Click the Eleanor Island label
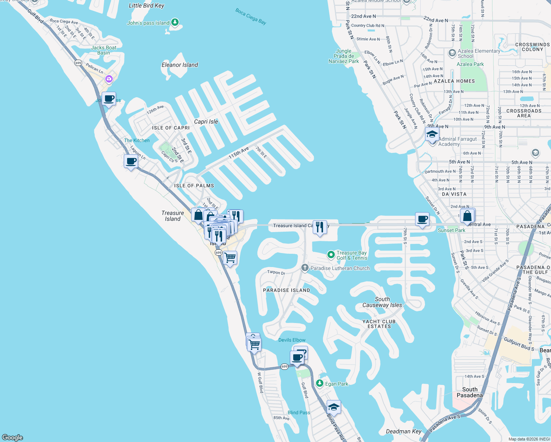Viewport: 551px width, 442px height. pos(180,65)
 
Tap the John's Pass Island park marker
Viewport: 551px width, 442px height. pos(175,22)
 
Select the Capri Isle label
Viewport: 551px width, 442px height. pos(206,122)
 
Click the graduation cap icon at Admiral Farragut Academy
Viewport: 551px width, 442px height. pos(432,134)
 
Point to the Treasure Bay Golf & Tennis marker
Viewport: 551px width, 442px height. pos(331,255)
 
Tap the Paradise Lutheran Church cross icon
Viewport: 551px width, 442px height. pos(305,268)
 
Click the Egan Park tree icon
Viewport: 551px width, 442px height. pos(320,383)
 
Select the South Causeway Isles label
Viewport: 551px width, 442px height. pos(382,302)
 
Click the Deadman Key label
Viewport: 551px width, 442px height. pos(403,431)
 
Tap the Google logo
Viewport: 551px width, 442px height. pos(13,437)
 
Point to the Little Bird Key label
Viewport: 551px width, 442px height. pos(146,6)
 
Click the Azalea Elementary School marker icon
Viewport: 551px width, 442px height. pos(452,53)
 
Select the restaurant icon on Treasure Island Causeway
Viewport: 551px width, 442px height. pos(320,227)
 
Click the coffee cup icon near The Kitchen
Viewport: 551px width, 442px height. pos(131,161)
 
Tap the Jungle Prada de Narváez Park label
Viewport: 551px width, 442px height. pos(344,56)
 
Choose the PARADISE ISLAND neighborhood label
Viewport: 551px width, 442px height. pos(287,290)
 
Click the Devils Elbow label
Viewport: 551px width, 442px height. pos(292,340)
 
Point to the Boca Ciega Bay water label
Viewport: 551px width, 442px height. pos(251,16)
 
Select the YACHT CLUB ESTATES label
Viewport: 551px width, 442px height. pos(379,324)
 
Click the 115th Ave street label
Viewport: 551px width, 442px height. pos(238,152)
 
